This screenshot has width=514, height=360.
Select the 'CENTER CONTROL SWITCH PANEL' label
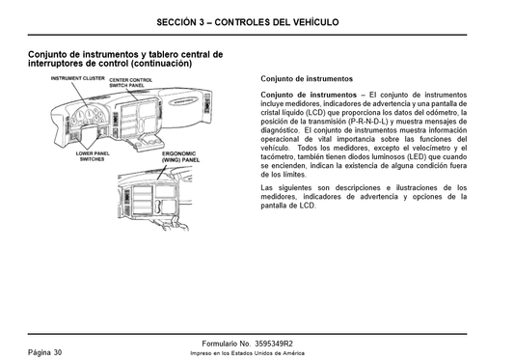coord(130,83)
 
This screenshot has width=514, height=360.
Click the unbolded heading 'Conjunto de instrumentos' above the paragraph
coord(307,77)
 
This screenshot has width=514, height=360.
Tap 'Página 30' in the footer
coord(44,351)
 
